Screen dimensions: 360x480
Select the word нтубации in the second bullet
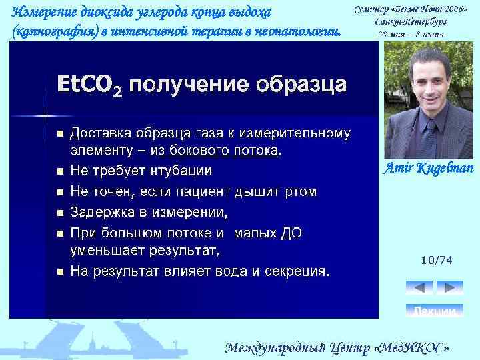pyautogui.click(x=182, y=171)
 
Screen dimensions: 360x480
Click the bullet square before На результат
pyautogui.click(x=60, y=272)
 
